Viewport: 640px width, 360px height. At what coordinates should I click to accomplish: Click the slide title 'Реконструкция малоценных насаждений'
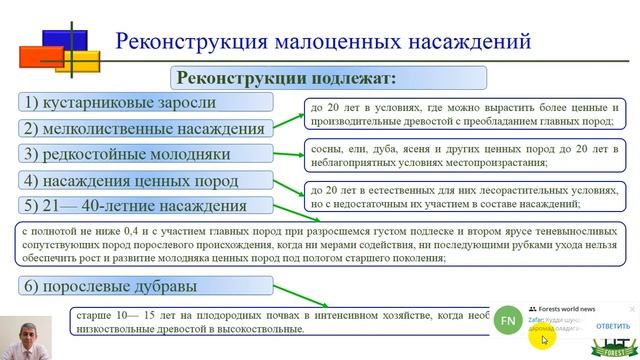[321, 42]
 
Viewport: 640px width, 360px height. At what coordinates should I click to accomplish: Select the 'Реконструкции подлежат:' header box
[288, 77]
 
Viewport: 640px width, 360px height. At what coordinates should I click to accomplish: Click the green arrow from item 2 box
[289, 121]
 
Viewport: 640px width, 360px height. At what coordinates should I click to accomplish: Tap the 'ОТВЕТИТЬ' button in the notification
[612, 327]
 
